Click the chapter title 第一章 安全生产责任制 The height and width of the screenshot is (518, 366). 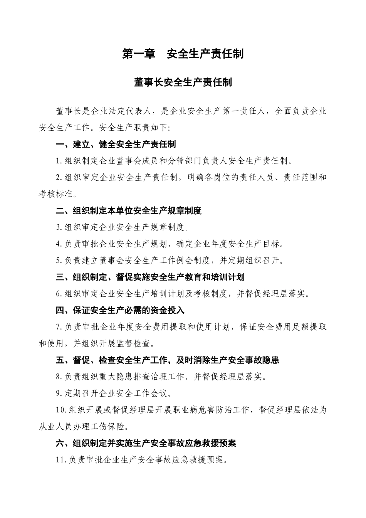(x=183, y=54)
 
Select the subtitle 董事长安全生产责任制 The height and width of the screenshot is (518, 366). (x=183, y=82)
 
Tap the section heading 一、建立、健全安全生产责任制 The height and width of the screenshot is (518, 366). (x=116, y=145)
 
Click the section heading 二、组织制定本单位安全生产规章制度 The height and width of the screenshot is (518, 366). (x=129, y=211)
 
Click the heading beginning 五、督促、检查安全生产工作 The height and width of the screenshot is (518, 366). (x=167, y=360)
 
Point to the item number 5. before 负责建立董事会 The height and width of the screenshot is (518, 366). (x=59, y=261)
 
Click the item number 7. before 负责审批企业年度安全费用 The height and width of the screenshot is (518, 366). (x=59, y=327)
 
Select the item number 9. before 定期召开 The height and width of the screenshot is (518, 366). (x=59, y=394)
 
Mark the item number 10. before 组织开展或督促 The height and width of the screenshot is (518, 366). (x=61, y=410)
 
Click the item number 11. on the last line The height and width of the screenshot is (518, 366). (x=61, y=460)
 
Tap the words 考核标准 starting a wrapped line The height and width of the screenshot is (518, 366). (x=56, y=194)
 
